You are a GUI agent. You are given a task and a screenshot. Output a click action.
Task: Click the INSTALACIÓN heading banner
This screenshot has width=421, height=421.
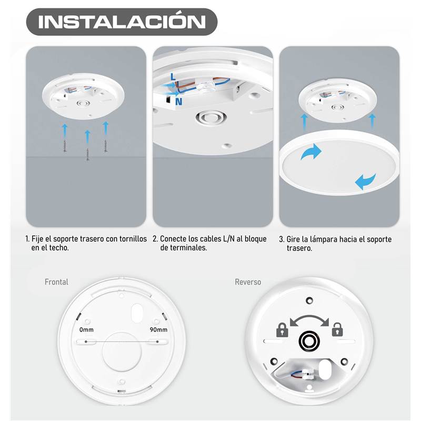(x=122, y=22)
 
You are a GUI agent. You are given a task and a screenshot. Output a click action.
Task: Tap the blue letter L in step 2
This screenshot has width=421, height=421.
(x=173, y=77)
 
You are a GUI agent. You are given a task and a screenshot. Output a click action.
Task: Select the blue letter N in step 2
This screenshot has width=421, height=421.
(x=178, y=102)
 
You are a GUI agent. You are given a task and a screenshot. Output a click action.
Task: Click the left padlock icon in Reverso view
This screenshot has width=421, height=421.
(x=282, y=330)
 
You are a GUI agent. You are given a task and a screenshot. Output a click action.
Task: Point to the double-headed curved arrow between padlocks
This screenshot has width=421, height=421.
(x=309, y=318)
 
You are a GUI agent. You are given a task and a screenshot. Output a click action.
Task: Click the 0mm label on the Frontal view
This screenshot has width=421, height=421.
(x=86, y=330)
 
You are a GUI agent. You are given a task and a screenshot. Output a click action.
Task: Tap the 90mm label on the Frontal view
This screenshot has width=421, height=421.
(x=158, y=329)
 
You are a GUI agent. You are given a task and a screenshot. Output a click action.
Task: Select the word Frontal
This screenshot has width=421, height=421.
(x=56, y=282)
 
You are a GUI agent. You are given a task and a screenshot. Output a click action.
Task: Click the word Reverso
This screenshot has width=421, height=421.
(x=248, y=282)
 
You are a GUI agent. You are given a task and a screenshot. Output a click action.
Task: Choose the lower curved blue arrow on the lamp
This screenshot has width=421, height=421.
(x=365, y=181)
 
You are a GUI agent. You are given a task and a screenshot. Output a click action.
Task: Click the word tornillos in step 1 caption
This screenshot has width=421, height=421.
(x=133, y=239)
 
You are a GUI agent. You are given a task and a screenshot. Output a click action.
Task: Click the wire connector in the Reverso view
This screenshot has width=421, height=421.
(x=305, y=374)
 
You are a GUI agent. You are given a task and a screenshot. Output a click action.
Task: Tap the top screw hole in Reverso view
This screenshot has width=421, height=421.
(x=309, y=300)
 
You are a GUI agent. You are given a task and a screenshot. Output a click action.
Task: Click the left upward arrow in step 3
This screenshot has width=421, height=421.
(x=304, y=122)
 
